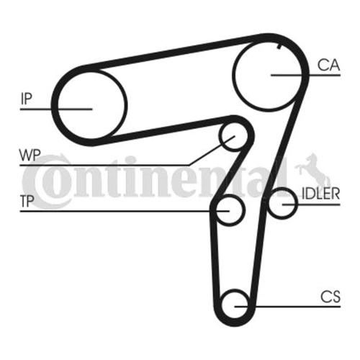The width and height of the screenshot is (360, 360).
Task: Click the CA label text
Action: (328, 65)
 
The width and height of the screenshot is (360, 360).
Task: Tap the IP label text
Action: (26, 99)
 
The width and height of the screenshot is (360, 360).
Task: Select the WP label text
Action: (30, 155)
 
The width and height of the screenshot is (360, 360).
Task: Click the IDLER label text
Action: (320, 194)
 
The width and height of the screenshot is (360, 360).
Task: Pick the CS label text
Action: (330, 297)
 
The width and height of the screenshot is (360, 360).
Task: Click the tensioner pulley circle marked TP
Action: (245, 210)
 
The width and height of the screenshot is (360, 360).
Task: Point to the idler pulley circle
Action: (297, 204)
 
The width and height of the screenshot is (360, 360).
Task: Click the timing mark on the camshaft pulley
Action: (279, 47)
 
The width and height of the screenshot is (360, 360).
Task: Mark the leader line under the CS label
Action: (287, 307)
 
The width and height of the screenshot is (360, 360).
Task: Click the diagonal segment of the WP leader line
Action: (211, 150)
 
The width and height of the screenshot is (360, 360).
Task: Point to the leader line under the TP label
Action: (125, 211)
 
